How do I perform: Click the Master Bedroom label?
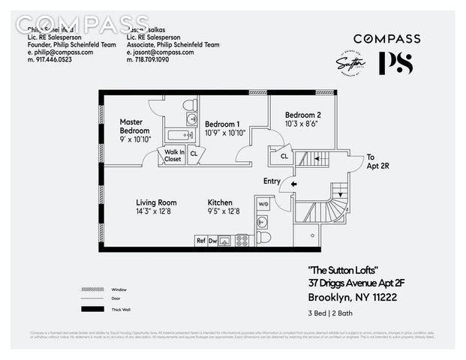coord(135,126)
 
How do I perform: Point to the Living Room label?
coord(156,202)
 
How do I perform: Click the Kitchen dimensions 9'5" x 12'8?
coord(224,211)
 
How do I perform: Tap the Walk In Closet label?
coord(173,155)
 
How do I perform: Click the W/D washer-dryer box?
coord(263,204)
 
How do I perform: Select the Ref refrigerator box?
coord(200,241)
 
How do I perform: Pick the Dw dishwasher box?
coord(212,241)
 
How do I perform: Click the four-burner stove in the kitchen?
coord(242,241)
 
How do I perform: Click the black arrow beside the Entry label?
coord(293,183)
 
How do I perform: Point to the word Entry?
coord(272,181)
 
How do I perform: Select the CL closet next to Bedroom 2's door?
coord(284,157)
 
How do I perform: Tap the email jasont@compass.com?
coord(158,52)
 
